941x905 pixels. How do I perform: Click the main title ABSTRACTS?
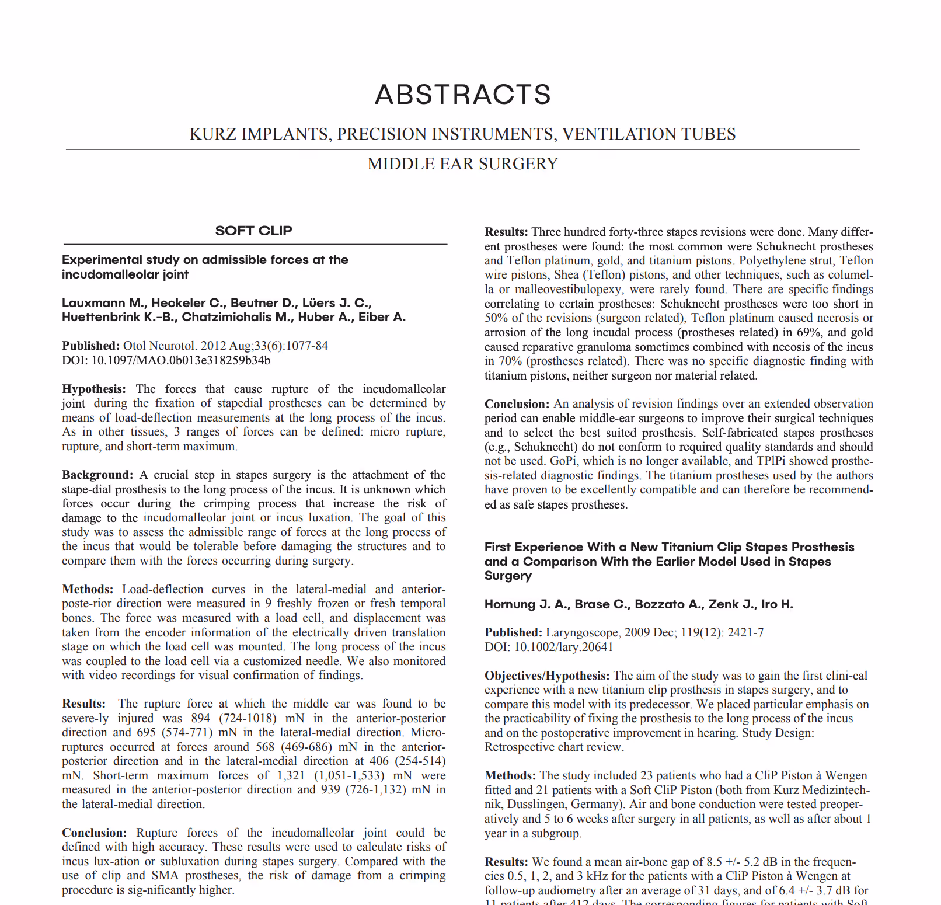tap(463, 95)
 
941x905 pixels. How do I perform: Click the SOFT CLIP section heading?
tap(253, 231)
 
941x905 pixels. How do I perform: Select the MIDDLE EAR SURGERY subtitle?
tap(462, 164)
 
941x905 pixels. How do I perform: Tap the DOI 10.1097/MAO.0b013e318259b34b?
tap(181, 360)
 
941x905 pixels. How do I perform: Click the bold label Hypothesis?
tap(93, 389)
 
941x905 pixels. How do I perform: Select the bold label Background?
tap(97, 475)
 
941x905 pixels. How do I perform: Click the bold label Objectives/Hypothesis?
tap(547, 676)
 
